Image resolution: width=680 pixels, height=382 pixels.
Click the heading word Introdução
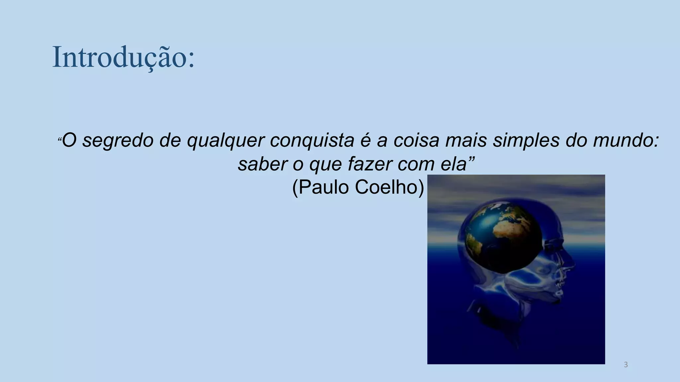click(123, 57)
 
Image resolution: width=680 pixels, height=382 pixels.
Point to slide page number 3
click(626, 365)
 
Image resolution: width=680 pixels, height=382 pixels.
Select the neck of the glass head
click(498, 318)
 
